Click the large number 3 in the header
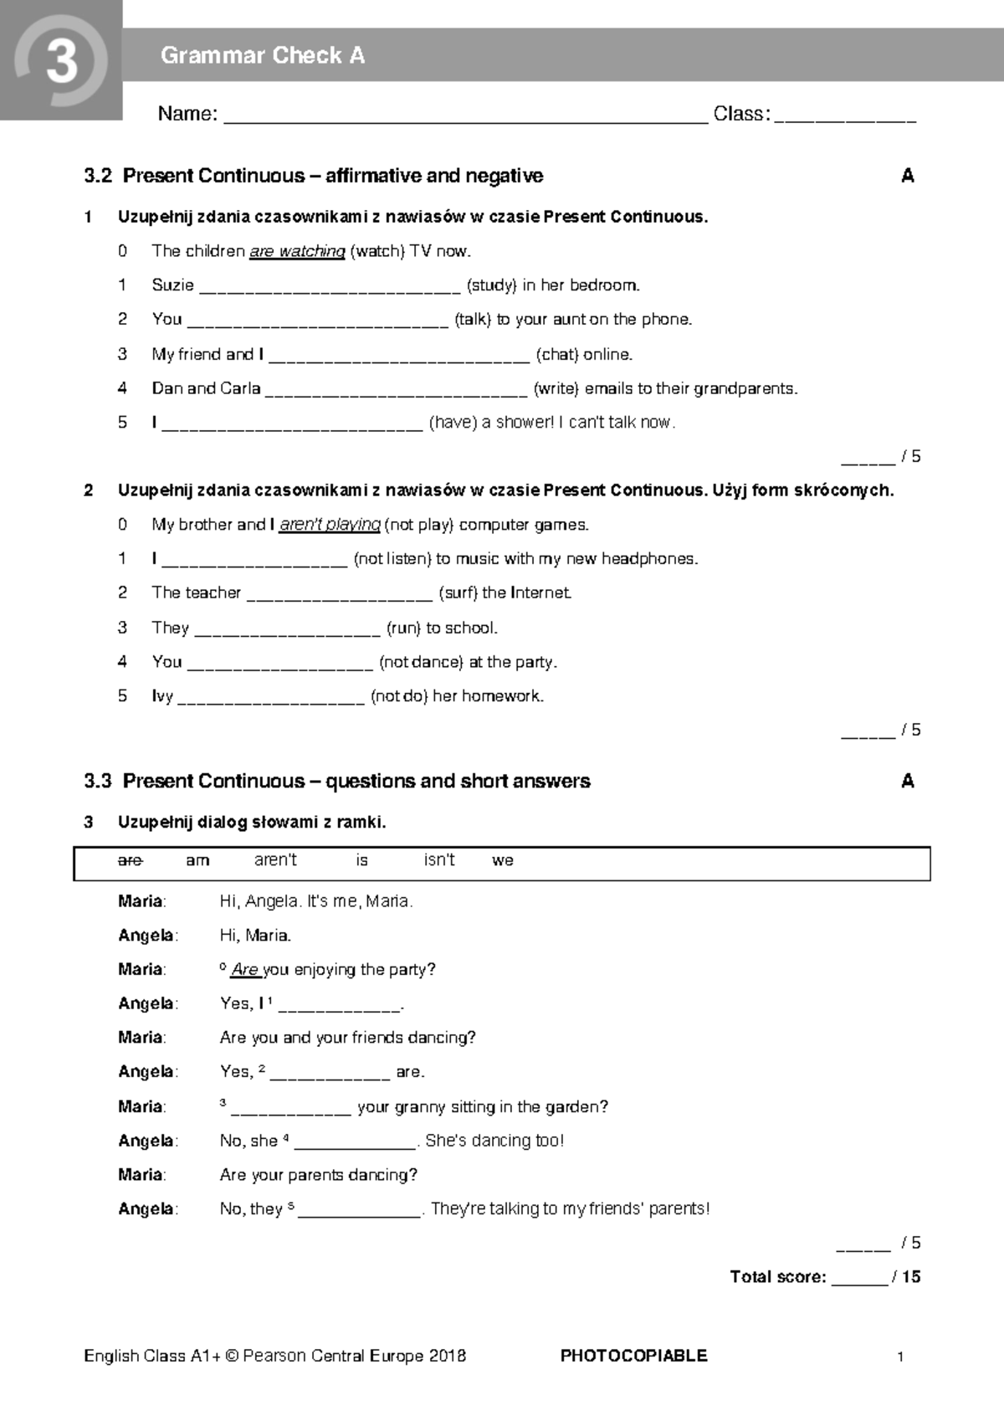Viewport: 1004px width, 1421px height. [61, 63]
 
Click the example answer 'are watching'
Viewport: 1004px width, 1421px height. [297, 251]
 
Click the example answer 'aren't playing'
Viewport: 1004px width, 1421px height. [330, 525]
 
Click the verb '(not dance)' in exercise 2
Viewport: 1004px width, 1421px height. [421, 662]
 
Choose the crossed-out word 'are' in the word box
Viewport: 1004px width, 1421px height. [131, 860]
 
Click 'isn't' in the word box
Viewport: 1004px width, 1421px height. [439, 860]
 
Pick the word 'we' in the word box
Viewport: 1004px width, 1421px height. [503, 860]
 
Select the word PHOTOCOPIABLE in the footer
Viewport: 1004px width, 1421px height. [633, 1356]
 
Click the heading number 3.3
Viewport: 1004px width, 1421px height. [97, 781]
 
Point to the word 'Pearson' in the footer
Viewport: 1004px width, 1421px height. [274, 1356]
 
